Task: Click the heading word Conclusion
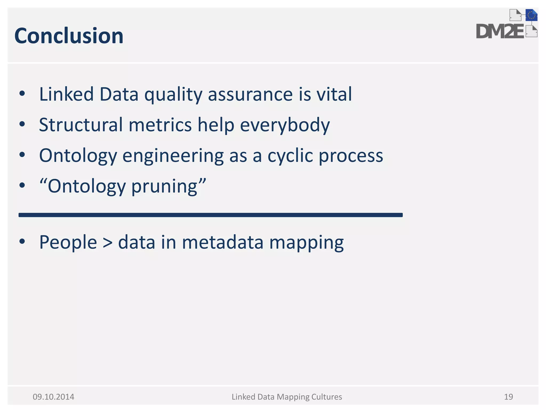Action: [69, 36]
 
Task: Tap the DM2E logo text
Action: [500, 31]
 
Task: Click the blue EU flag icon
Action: [531, 15]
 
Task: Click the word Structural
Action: [81, 125]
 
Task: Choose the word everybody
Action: [285, 125]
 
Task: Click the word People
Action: [68, 242]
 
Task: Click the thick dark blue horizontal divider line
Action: [210, 215]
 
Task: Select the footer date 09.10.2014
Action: [53, 397]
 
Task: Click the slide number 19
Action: [508, 397]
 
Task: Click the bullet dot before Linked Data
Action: [22, 94]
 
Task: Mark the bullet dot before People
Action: [22, 242]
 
